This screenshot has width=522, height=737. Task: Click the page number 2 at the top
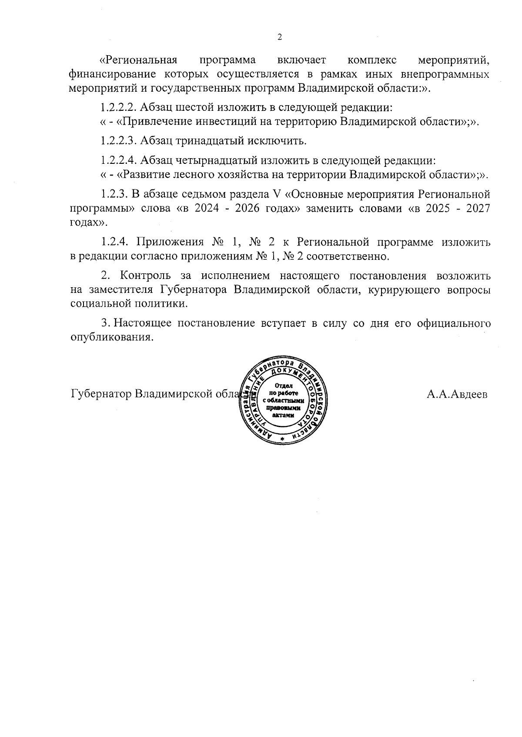[280, 37]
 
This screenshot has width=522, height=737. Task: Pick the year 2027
[477, 208]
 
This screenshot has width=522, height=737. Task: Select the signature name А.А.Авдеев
[457, 395]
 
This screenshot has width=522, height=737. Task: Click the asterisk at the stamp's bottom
[282, 441]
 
